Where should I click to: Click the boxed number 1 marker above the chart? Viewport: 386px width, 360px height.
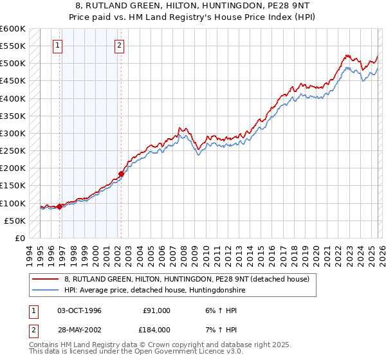tap(58, 45)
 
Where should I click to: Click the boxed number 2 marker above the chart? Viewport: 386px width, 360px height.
tap(120, 45)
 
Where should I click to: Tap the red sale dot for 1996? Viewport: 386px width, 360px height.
tap(60, 206)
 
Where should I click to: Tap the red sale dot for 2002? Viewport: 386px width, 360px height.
tap(121, 174)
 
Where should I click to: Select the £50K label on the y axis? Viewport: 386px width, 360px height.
tap(14, 221)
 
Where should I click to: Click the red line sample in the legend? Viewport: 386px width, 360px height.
tap(46, 279)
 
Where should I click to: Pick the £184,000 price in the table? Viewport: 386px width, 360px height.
tap(157, 330)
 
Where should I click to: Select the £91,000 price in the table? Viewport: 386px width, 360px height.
tap(157, 310)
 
